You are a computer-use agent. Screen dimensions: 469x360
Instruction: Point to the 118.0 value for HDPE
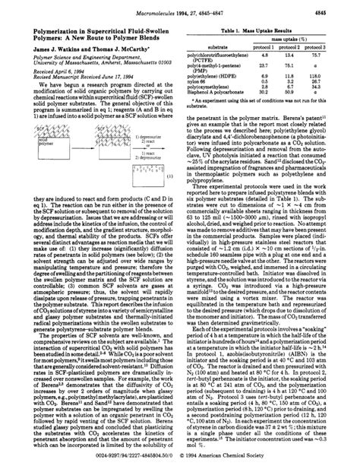[x=331, y=78]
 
